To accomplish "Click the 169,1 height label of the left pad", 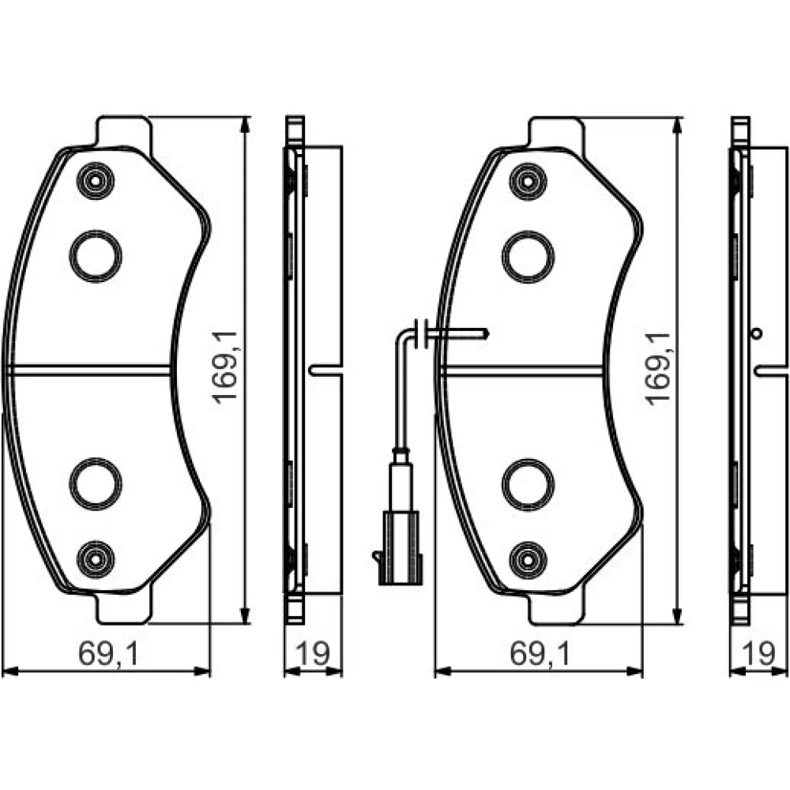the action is click(x=225, y=368).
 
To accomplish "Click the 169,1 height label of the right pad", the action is click(x=659, y=368).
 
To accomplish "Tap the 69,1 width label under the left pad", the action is click(x=107, y=654).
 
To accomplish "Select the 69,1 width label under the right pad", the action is click(x=540, y=654).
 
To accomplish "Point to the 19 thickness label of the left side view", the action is click(x=313, y=653).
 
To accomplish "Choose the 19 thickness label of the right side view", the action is click(x=758, y=653).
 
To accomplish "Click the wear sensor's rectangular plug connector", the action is click(x=401, y=547).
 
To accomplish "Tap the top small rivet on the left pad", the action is click(x=96, y=181).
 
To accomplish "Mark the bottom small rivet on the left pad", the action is click(x=96, y=559).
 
